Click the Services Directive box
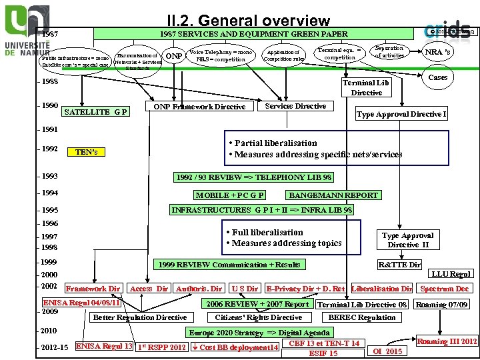click(295, 106)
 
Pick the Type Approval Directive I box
click(401, 114)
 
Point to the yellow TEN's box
click(87, 151)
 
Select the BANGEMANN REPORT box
click(333, 195)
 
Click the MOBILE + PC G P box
click(229, 195)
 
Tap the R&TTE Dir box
click(399, 265)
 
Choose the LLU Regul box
click(451, 273)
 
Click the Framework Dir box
click(93, 289)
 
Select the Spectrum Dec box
click(445, 289)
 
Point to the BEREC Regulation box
click(362, 317)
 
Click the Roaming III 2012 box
click(447, 341)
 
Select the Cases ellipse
click(437, 77)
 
